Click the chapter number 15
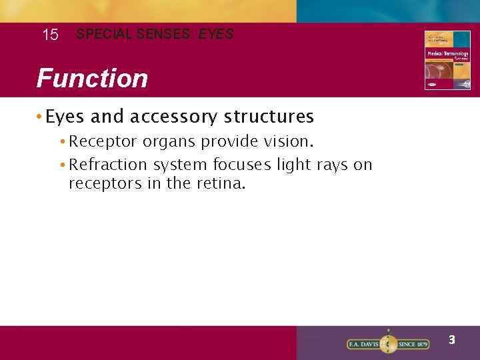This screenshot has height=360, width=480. click(x=50, y=35)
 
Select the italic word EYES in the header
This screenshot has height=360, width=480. click(x=216, y=33)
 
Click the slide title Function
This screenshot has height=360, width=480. click(x=92, y=78)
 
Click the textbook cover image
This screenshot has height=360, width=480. click(x=447, y=60)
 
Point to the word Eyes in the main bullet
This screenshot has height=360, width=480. click(x=65, y=117)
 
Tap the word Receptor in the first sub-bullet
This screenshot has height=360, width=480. click(x=103, y=142)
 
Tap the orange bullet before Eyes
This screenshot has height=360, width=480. click(x=41, y=117)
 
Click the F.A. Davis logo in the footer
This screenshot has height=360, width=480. click(x=388, y=344)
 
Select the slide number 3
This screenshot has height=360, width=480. click(x=451, y=340)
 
